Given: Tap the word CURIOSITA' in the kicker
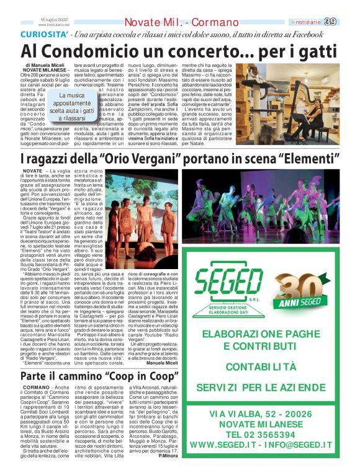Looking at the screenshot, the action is coord(41,35).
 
